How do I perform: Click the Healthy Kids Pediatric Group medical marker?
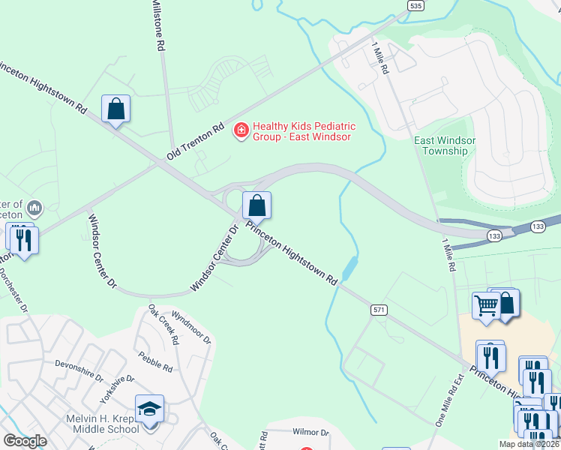[x=241, y=130]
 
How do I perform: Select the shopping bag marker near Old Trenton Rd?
[x=116, y=109]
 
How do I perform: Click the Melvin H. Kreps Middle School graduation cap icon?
[x=149, y=409]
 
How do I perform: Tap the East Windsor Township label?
[x=441, y=145]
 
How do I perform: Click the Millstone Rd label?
[x=158, y=25]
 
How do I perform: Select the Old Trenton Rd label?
[x=196, y=139]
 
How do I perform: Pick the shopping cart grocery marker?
[x=486, y=306]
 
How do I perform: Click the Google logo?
[x=25, y=441]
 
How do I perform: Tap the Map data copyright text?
[x=529, y=444]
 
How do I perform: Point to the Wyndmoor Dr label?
[x=192, y=327]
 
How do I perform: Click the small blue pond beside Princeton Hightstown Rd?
[x=349, y=266]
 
